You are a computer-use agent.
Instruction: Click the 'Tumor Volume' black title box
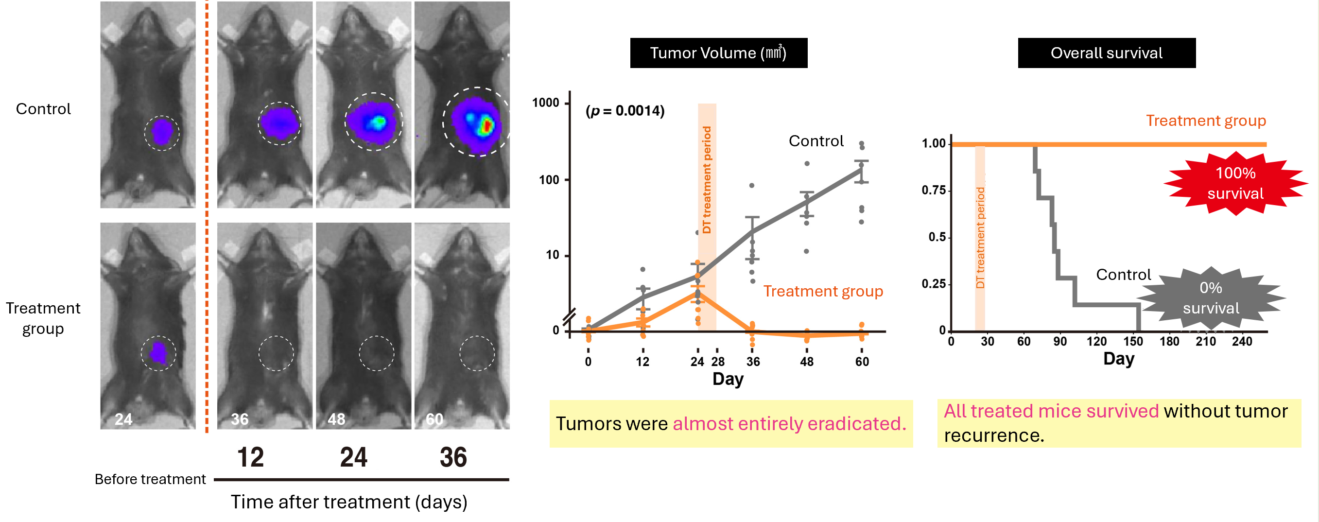click(x=718, y=53)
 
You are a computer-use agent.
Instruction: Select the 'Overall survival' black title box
click(x=1106, y=53)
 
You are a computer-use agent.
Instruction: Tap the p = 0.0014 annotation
click(x=625, y=111)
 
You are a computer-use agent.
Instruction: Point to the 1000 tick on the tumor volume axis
click(x=546, y=103)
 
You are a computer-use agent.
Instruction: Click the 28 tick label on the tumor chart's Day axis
click(x=718, y=362)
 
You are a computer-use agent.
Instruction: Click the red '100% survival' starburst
click(x=1235, y=183)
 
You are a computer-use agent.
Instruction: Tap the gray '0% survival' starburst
click(x=1211, y=298)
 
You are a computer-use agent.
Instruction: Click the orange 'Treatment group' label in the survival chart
click(x=1205, y=121)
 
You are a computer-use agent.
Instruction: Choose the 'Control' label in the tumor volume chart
click(x=816, y=141)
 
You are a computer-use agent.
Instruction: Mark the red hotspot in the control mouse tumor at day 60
click(x=487, y=125)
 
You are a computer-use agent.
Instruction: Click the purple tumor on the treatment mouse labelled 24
click(x=158, y=353)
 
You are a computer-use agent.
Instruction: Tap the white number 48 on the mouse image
click(x=336, y=419)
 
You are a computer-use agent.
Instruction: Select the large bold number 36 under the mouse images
click(x=453, y=457)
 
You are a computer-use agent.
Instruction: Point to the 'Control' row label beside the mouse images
click(x=44, y=109)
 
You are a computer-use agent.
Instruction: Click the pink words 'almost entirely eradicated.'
click(x=789, y=424)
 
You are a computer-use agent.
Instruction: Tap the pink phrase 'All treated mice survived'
click(x=1051, y=411)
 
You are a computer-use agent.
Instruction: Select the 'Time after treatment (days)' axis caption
click(x=348, y=502)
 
